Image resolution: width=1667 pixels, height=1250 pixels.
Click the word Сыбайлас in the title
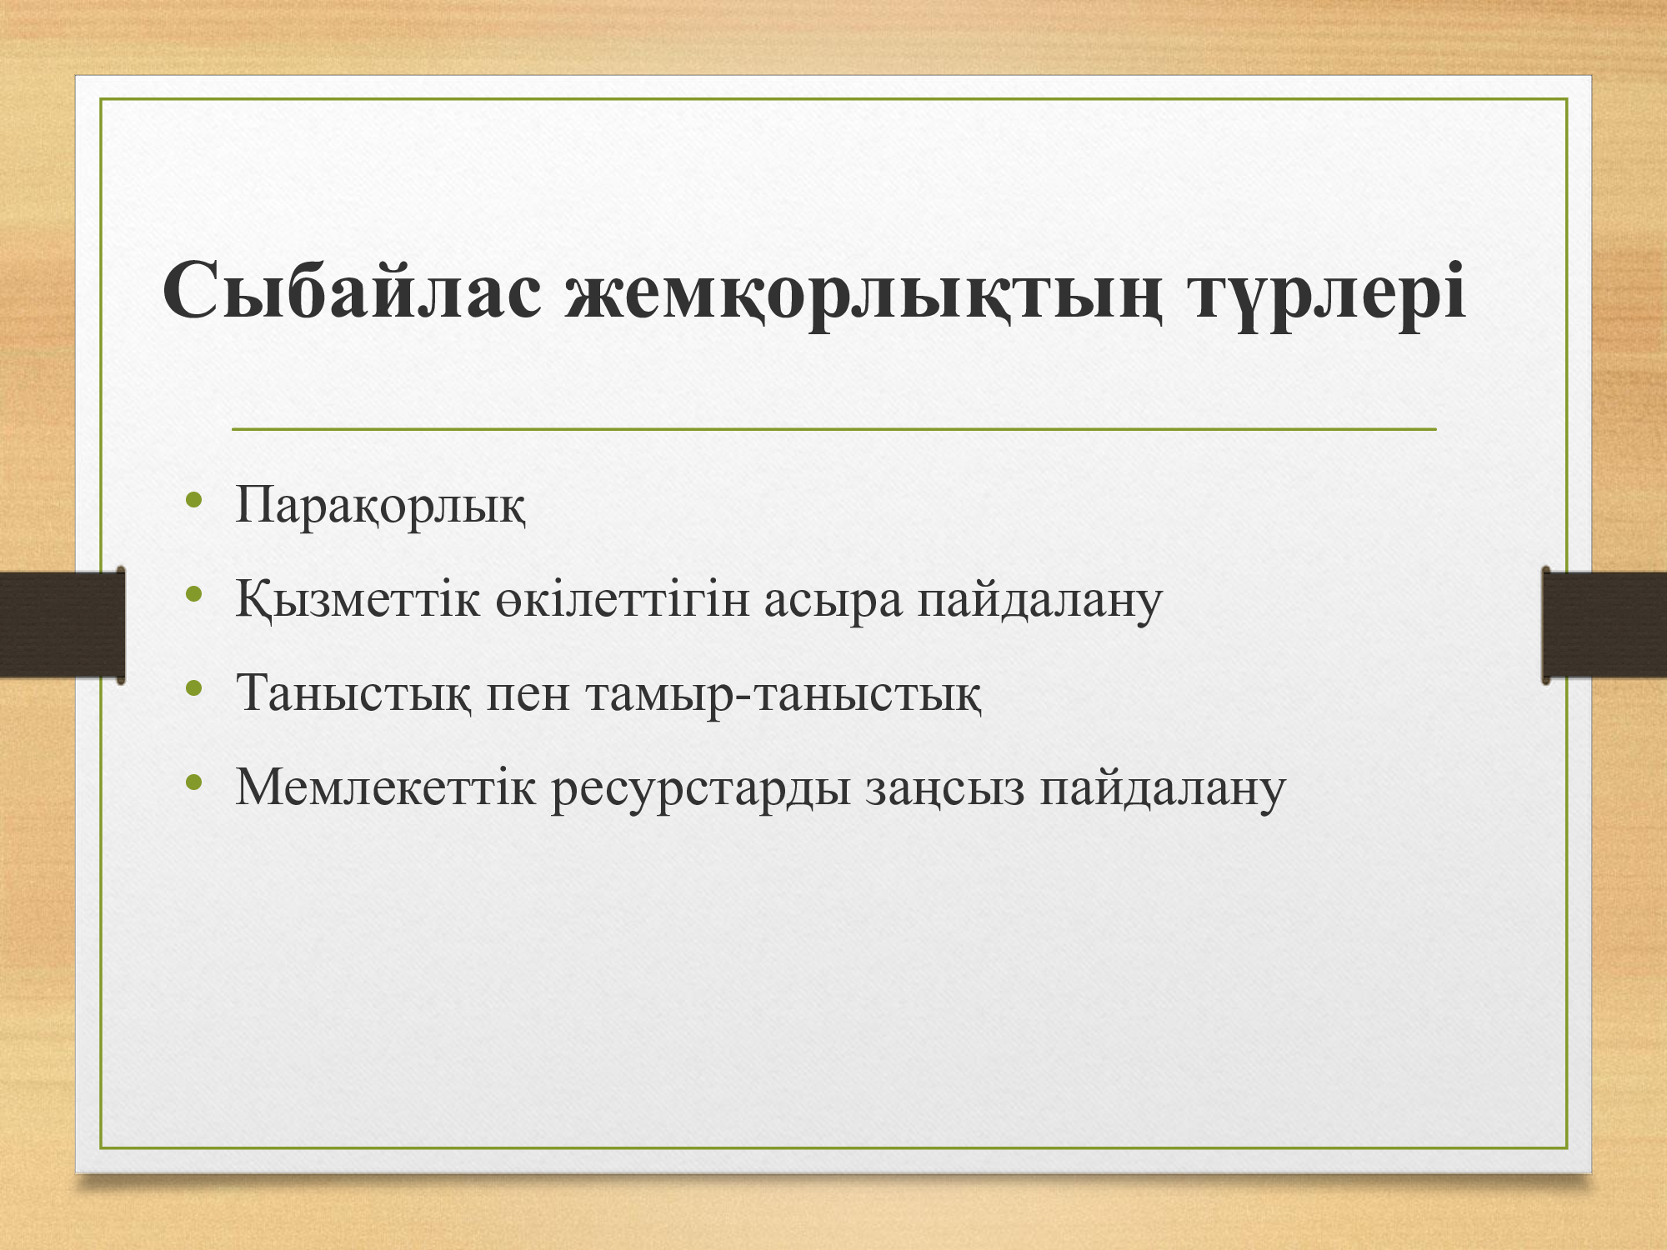pyautogui.click(x=353, y=291)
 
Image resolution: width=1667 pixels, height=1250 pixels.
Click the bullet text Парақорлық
pyautogui.click(x=381, y=506)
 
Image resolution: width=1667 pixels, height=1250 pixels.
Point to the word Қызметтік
pyautogui.click(x=358, y=599)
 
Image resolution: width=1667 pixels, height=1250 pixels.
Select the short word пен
pyautogui.click(x=528, y=694)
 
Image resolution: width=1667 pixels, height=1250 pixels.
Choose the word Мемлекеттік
pyautogui.click(x=385, y=786)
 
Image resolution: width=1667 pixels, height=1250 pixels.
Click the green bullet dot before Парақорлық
pyautogui.click(x=195, y=500)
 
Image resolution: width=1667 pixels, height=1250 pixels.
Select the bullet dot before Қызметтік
pyautogui.click(x=195, y=594)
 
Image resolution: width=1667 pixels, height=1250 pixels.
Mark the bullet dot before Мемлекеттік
pyautogui.click(x=195, y=782)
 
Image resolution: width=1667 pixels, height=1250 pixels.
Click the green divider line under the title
pyautogui.click(x=833, y=429)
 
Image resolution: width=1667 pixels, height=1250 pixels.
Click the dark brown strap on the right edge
pyautogui.click(x=1604, y=624)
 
